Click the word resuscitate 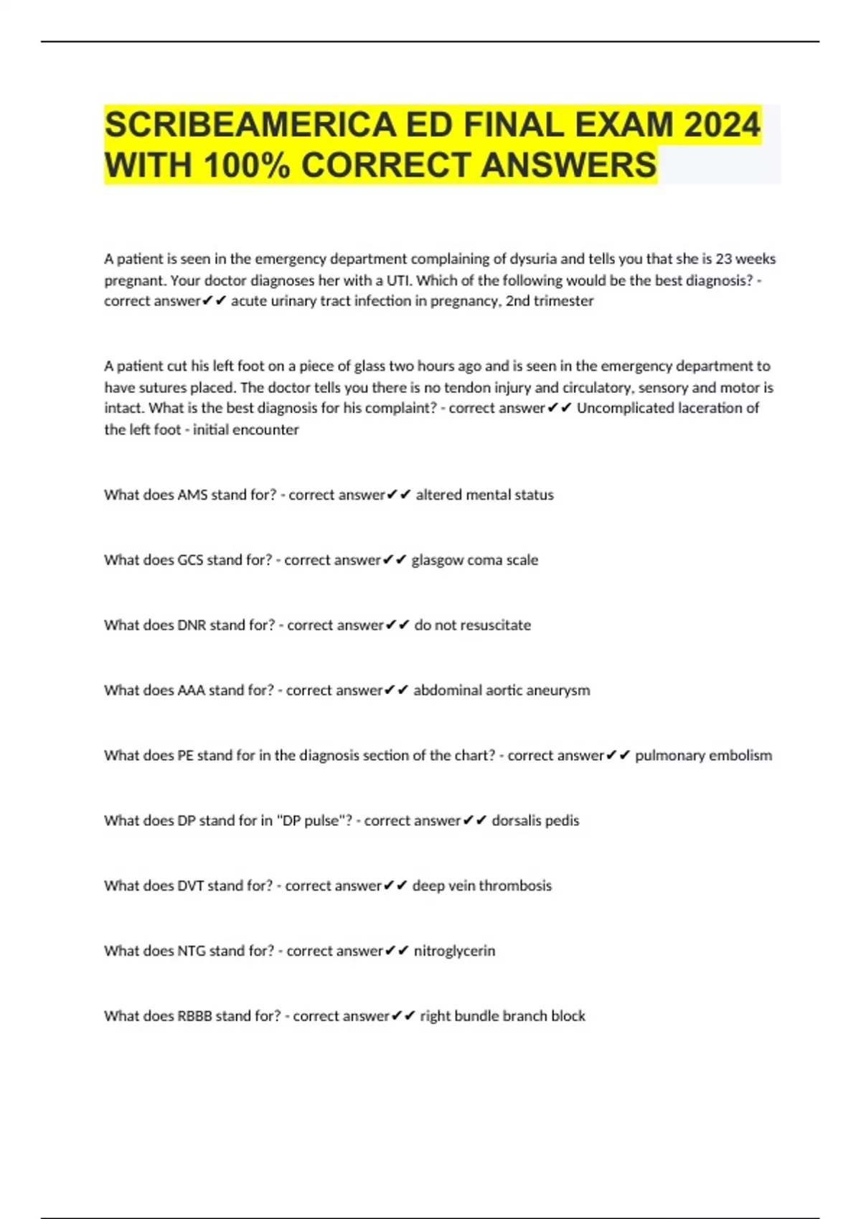point(495,625)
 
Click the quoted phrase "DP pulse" point(314,820)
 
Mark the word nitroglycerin point(454,951)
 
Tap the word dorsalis point(514,820)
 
